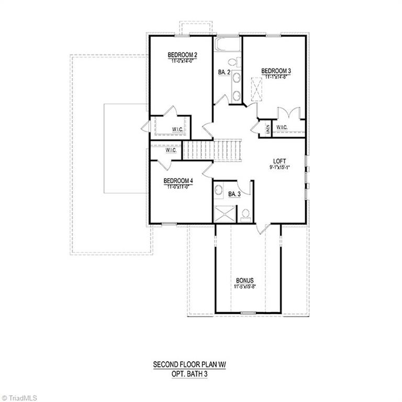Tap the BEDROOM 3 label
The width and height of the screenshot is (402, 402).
coord(276,71)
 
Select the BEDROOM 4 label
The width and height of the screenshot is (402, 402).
coord(177,181)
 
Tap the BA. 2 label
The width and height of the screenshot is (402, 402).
coord(224,72)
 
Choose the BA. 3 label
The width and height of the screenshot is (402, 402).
coord(234,194)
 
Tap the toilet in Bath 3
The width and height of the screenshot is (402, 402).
coord(245,215)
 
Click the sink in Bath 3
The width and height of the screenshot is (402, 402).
coord(219,190)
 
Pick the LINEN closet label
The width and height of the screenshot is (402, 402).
coord(267,128)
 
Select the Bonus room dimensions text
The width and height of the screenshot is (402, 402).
coord(244,286)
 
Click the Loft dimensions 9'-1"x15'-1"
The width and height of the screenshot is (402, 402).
coord(280,167)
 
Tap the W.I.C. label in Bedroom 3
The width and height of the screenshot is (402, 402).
coord(282,127)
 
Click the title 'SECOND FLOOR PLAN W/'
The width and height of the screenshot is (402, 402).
coord(189,364)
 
